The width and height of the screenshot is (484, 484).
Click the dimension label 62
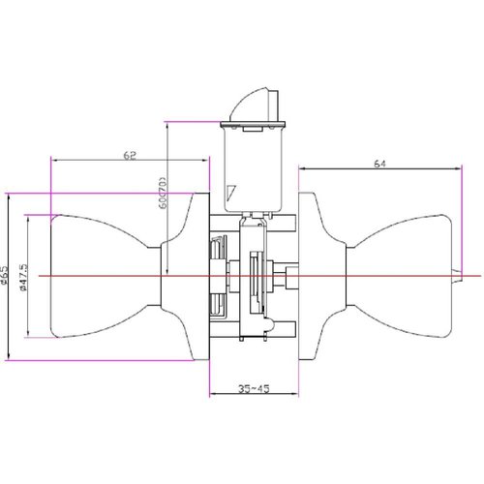point(129,153)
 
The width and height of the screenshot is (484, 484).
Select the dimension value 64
point(379,165)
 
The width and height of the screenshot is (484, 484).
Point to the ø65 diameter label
point(5,278)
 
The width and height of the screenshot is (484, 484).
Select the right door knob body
point(407,277)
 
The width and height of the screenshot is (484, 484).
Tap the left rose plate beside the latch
point(197,277)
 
